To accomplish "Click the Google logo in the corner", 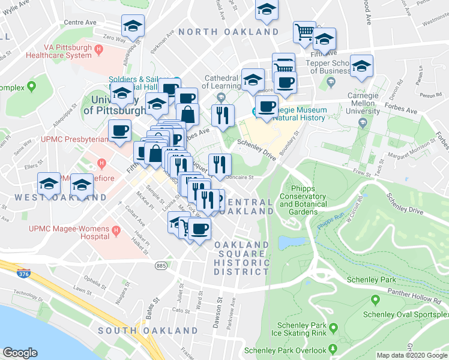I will click(x=20, y=353).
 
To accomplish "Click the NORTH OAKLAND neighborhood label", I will click(x=228, y=32).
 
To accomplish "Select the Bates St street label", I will click(x=157, y=305).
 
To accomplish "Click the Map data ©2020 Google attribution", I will click(x=411, y=355).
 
